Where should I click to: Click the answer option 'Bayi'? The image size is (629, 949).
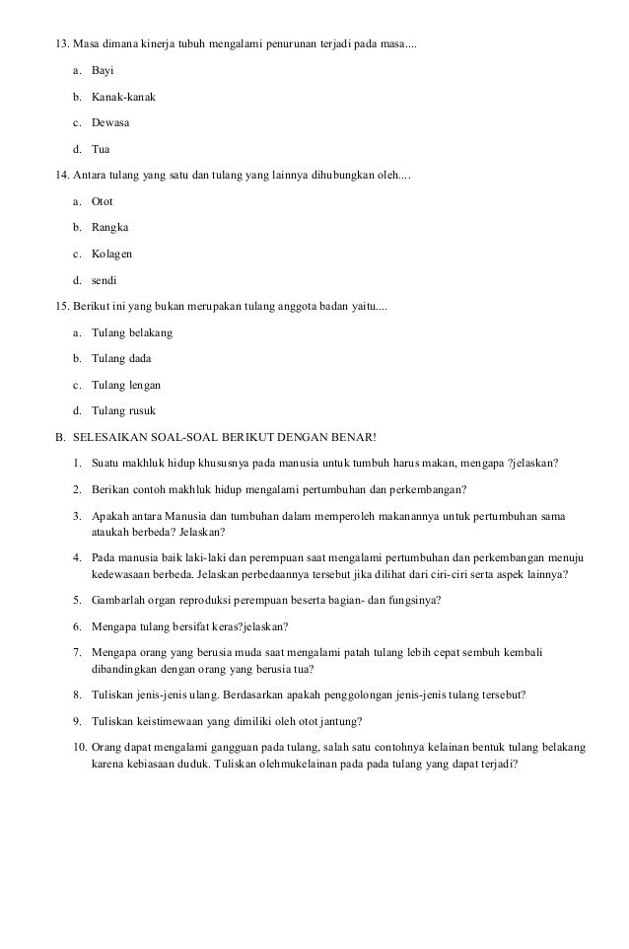coord(103,72)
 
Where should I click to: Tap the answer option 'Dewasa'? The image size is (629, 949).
coord(110,123)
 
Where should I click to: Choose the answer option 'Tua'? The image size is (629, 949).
coord(101,150)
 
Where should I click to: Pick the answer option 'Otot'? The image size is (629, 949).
coord(103,201)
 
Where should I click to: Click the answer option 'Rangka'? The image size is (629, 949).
coord(109,227)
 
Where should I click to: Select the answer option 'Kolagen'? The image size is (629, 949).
coord(111,254)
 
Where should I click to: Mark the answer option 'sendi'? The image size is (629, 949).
coord(104,279)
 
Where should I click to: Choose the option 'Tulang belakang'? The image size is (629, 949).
coord(131,332)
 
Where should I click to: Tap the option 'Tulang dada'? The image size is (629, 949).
coord(121,358)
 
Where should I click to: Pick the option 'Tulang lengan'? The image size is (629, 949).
coord(125,385)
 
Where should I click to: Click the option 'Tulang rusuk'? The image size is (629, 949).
coord(122,410)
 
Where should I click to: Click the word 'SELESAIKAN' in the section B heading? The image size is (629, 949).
coord(109,437)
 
